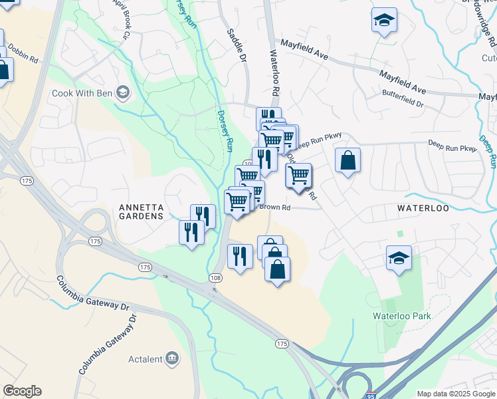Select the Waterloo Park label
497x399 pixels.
click(x=401, y=317)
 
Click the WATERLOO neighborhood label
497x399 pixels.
click(x=423, y=208)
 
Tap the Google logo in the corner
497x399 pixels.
click(x=22, y=391)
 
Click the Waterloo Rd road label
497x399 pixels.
click(x=274, y=72)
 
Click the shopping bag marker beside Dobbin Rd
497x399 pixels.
click(x=3, y=69)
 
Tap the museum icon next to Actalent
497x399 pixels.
click(x=172, y=359)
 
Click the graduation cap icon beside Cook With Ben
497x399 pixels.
click(x=122, y=92)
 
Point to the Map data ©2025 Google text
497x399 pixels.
click(x=455, y=394)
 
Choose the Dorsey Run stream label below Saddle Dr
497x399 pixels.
click(x=226, y=130)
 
